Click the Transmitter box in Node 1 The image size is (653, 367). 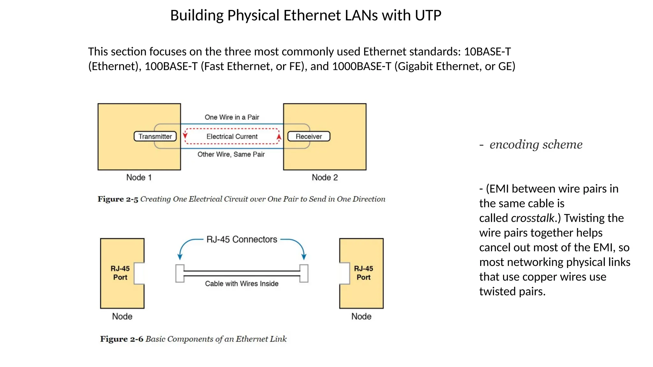(155, 136)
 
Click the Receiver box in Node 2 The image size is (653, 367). (309, 136)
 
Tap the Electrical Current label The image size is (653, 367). (232, 136)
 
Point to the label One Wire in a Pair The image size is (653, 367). (232, 117)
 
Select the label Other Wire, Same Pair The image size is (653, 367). (231, 154)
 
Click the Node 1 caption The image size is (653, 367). (139, 177)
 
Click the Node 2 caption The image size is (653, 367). (325, 177)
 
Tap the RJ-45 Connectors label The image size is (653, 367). (242, 239)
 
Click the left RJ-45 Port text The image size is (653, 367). (120, 273)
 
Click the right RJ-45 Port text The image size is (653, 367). (363, 273)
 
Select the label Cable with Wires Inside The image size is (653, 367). (242, 284)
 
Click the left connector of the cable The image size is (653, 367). (180, 273)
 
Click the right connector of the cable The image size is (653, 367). (304, 273)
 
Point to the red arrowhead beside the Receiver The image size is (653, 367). (279, 137)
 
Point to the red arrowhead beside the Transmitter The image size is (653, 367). (185, 135)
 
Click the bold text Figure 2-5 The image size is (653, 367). (118, 199)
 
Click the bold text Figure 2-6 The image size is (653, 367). (121, 339)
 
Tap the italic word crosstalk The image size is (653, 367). (532, 218)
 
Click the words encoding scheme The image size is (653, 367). (536, 144)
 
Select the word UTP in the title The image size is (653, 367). (428, 15)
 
